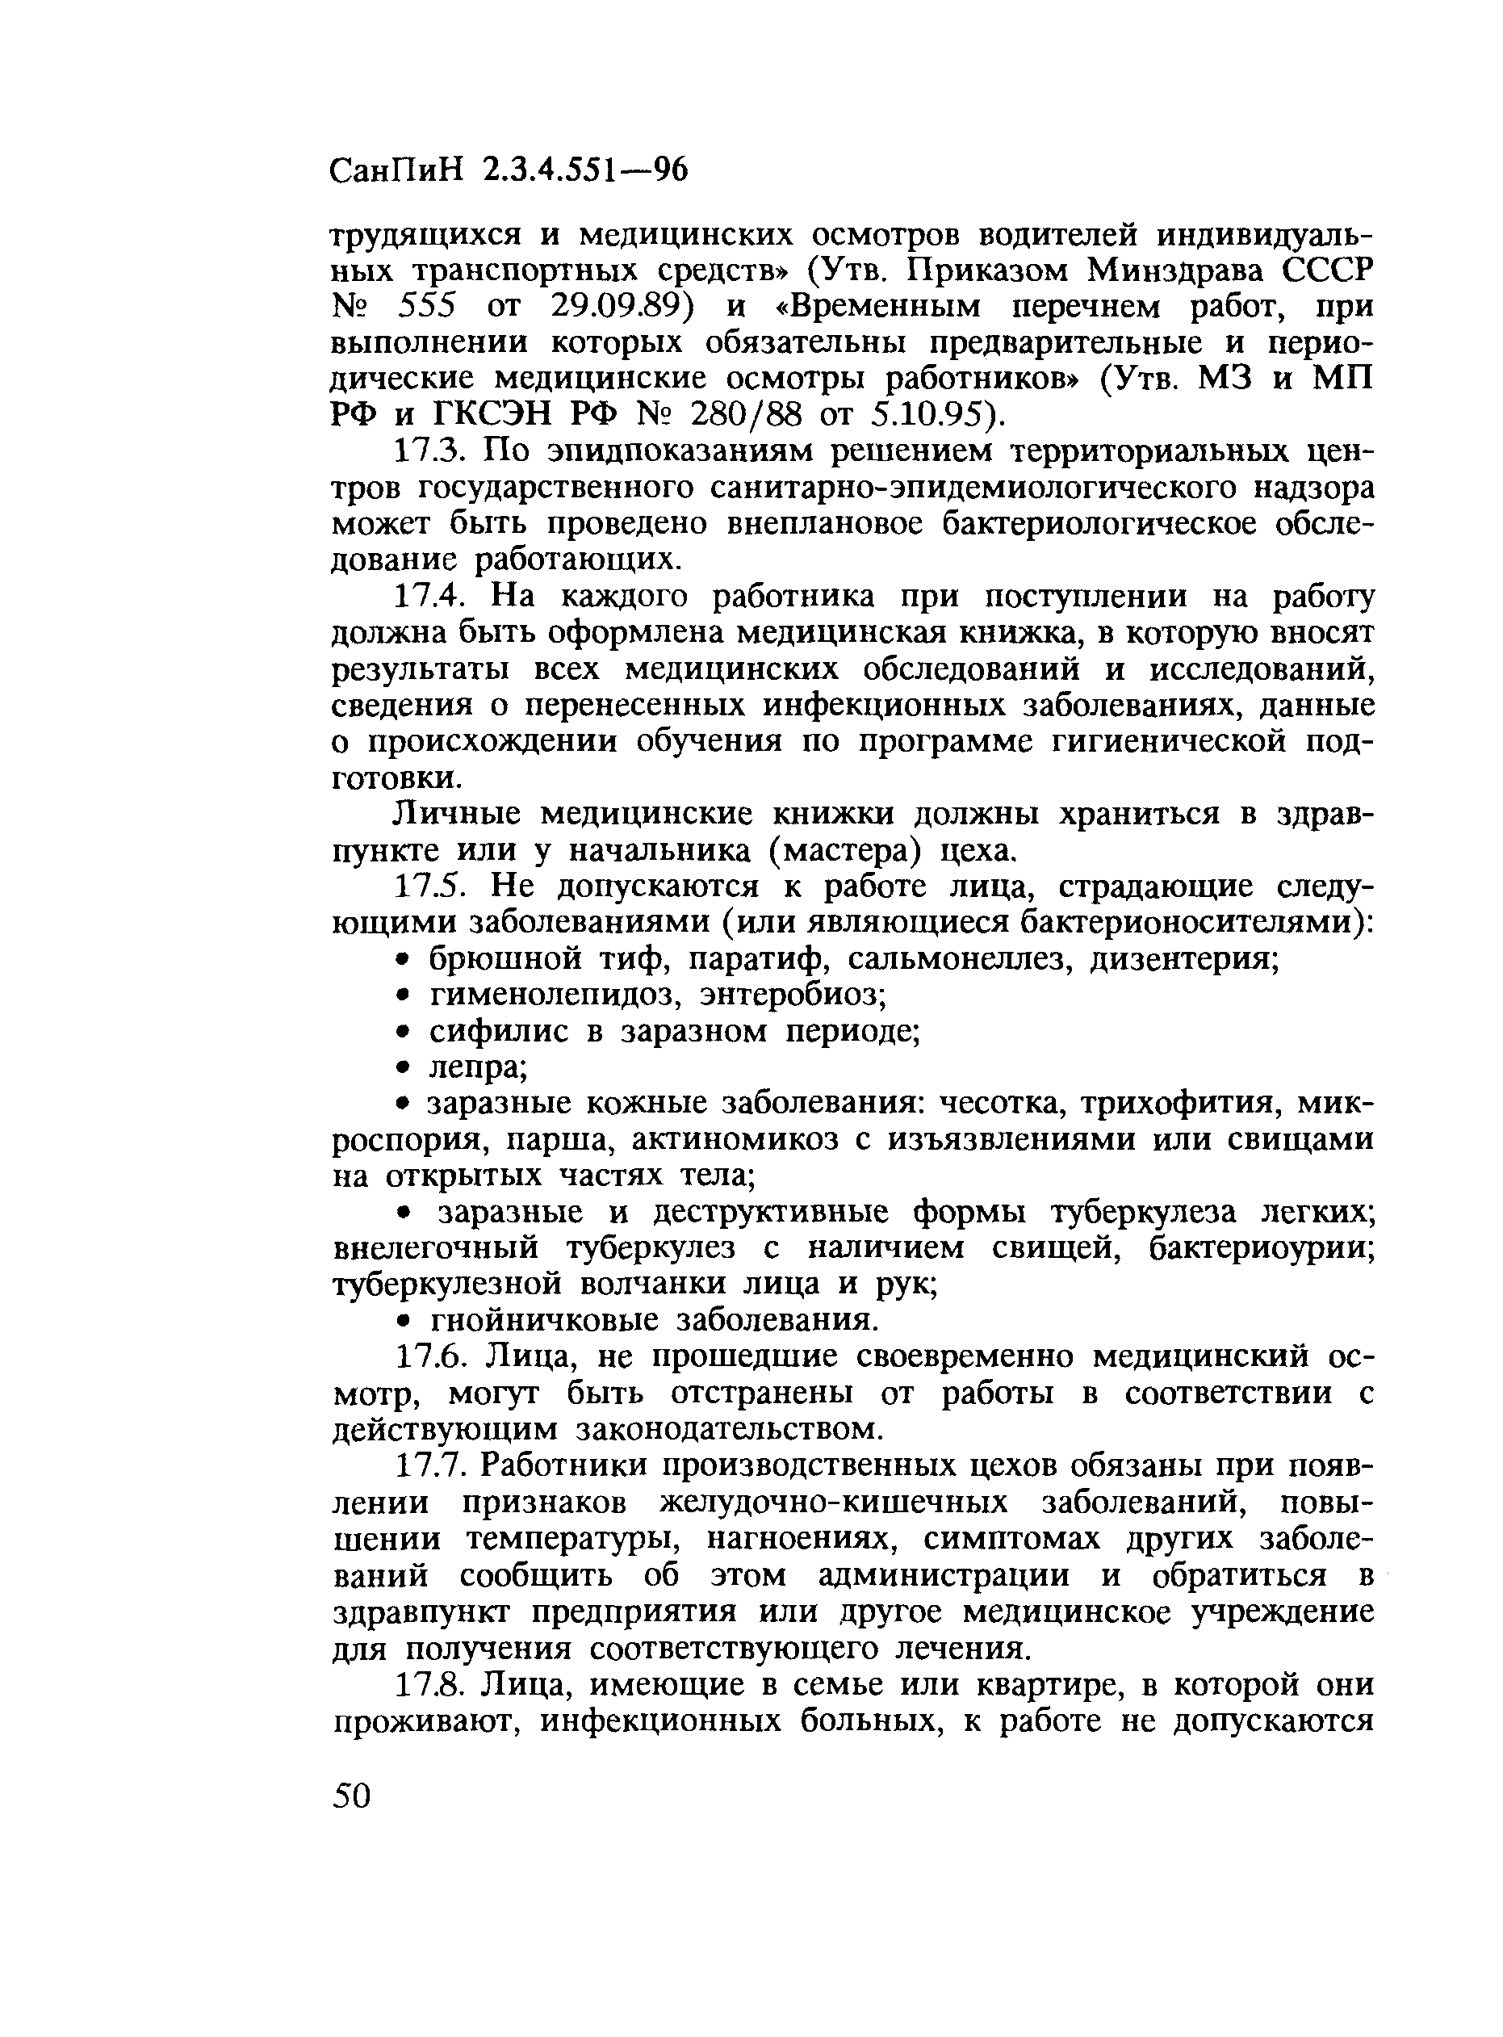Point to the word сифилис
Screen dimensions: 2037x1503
pyautogui.click(x=492, y=1032)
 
